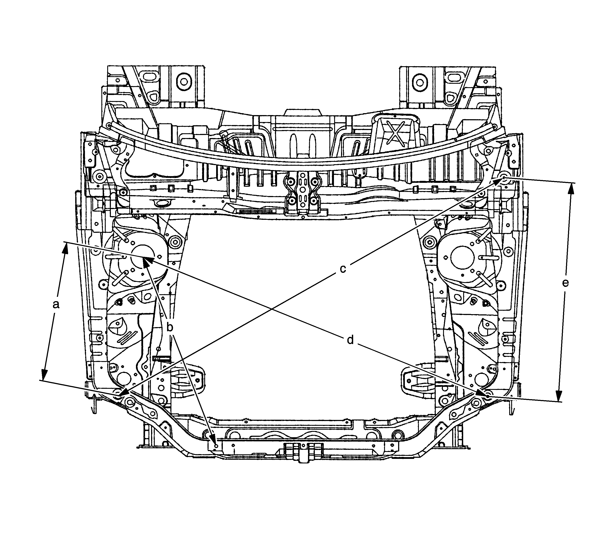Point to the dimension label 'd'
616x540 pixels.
click(x=350, y=340)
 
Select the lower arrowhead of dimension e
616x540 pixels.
click(x=559, y=395)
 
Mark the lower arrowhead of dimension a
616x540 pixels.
click(x=44, y=374)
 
